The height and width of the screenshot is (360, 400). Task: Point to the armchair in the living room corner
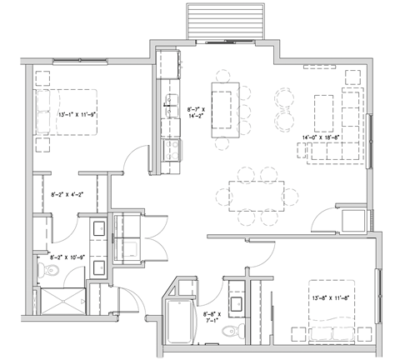coord(352,77)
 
